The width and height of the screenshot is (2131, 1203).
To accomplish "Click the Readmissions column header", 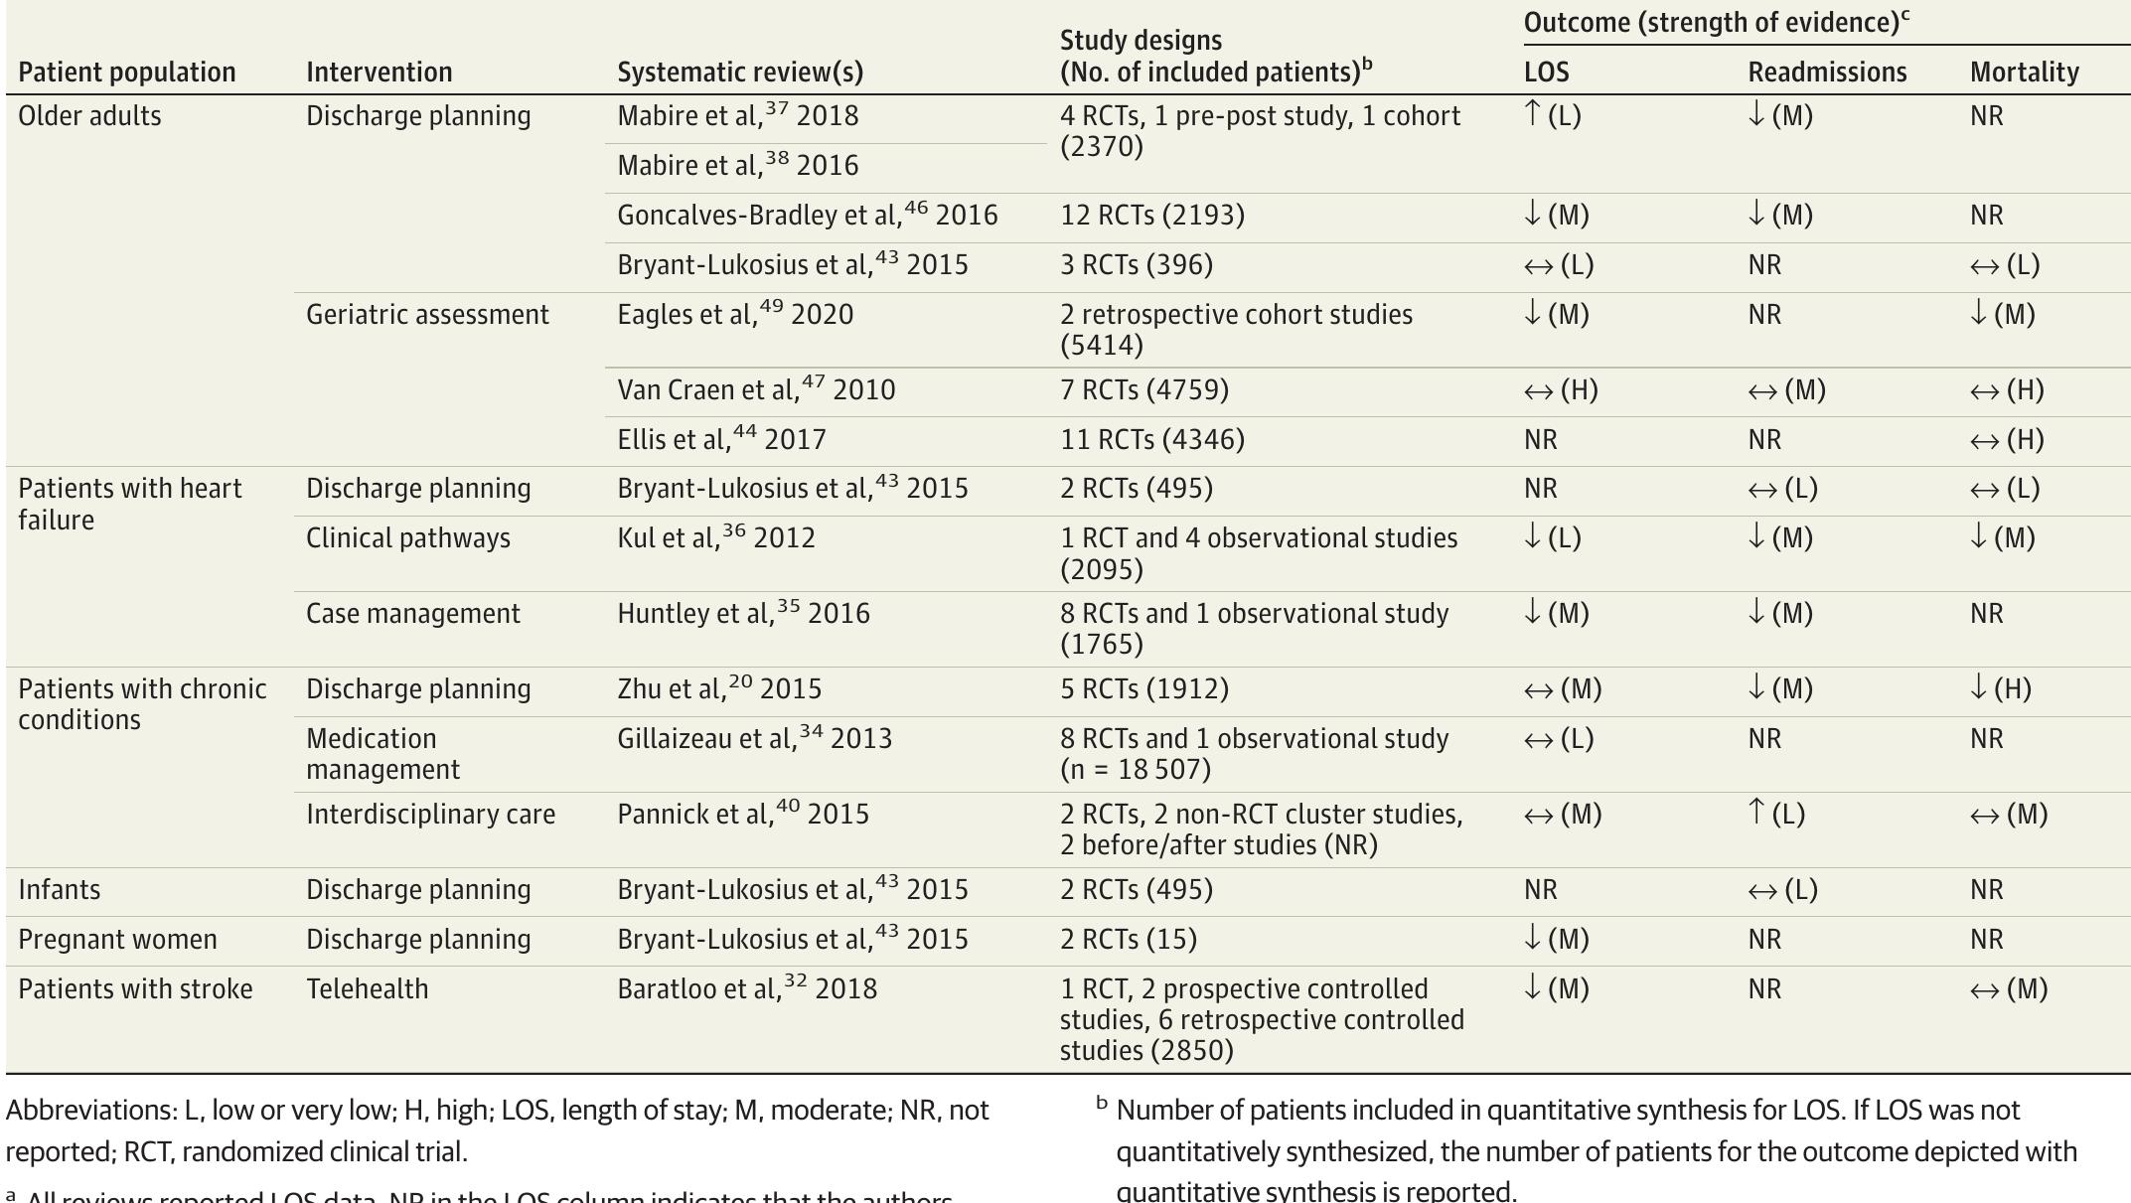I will click(x=1827, y=73).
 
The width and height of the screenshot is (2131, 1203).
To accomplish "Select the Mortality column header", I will click(x=2024, y=73).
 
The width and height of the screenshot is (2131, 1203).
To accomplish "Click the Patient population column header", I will click(x=127, y=73).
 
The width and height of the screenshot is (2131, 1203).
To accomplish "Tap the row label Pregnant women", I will click(x=117, y=940).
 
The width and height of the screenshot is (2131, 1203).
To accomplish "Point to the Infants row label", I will click(x=60, y=890).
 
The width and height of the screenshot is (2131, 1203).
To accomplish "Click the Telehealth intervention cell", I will click(x=367, y=989).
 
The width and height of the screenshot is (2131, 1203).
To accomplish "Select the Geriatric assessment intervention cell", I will click(x=427, y=315).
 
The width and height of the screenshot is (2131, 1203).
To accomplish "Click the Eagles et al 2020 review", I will click(x=735, y=315).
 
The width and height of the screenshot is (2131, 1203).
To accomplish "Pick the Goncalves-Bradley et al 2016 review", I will click(x=807, y=216).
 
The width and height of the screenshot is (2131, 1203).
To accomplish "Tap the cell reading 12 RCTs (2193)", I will click(x=1151, y=216).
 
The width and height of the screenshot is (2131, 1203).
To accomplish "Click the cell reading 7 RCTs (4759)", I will click(x=1143, y=390).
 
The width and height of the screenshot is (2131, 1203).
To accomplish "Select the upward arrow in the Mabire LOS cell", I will click(x=1533, y=114).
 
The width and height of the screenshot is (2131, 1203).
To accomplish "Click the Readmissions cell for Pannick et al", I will click(x=1775, y=815).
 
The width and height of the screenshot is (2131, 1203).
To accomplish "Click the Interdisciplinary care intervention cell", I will click(x=430, y=815).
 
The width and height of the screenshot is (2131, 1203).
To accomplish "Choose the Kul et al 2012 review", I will click(x=715, y=538).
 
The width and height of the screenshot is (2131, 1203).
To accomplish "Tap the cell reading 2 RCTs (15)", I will click(x=1128, y=940).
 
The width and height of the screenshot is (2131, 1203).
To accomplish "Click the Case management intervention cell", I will click(x=412, y=614).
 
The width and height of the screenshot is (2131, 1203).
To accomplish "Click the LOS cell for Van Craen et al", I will click(x=1560, y=390).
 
